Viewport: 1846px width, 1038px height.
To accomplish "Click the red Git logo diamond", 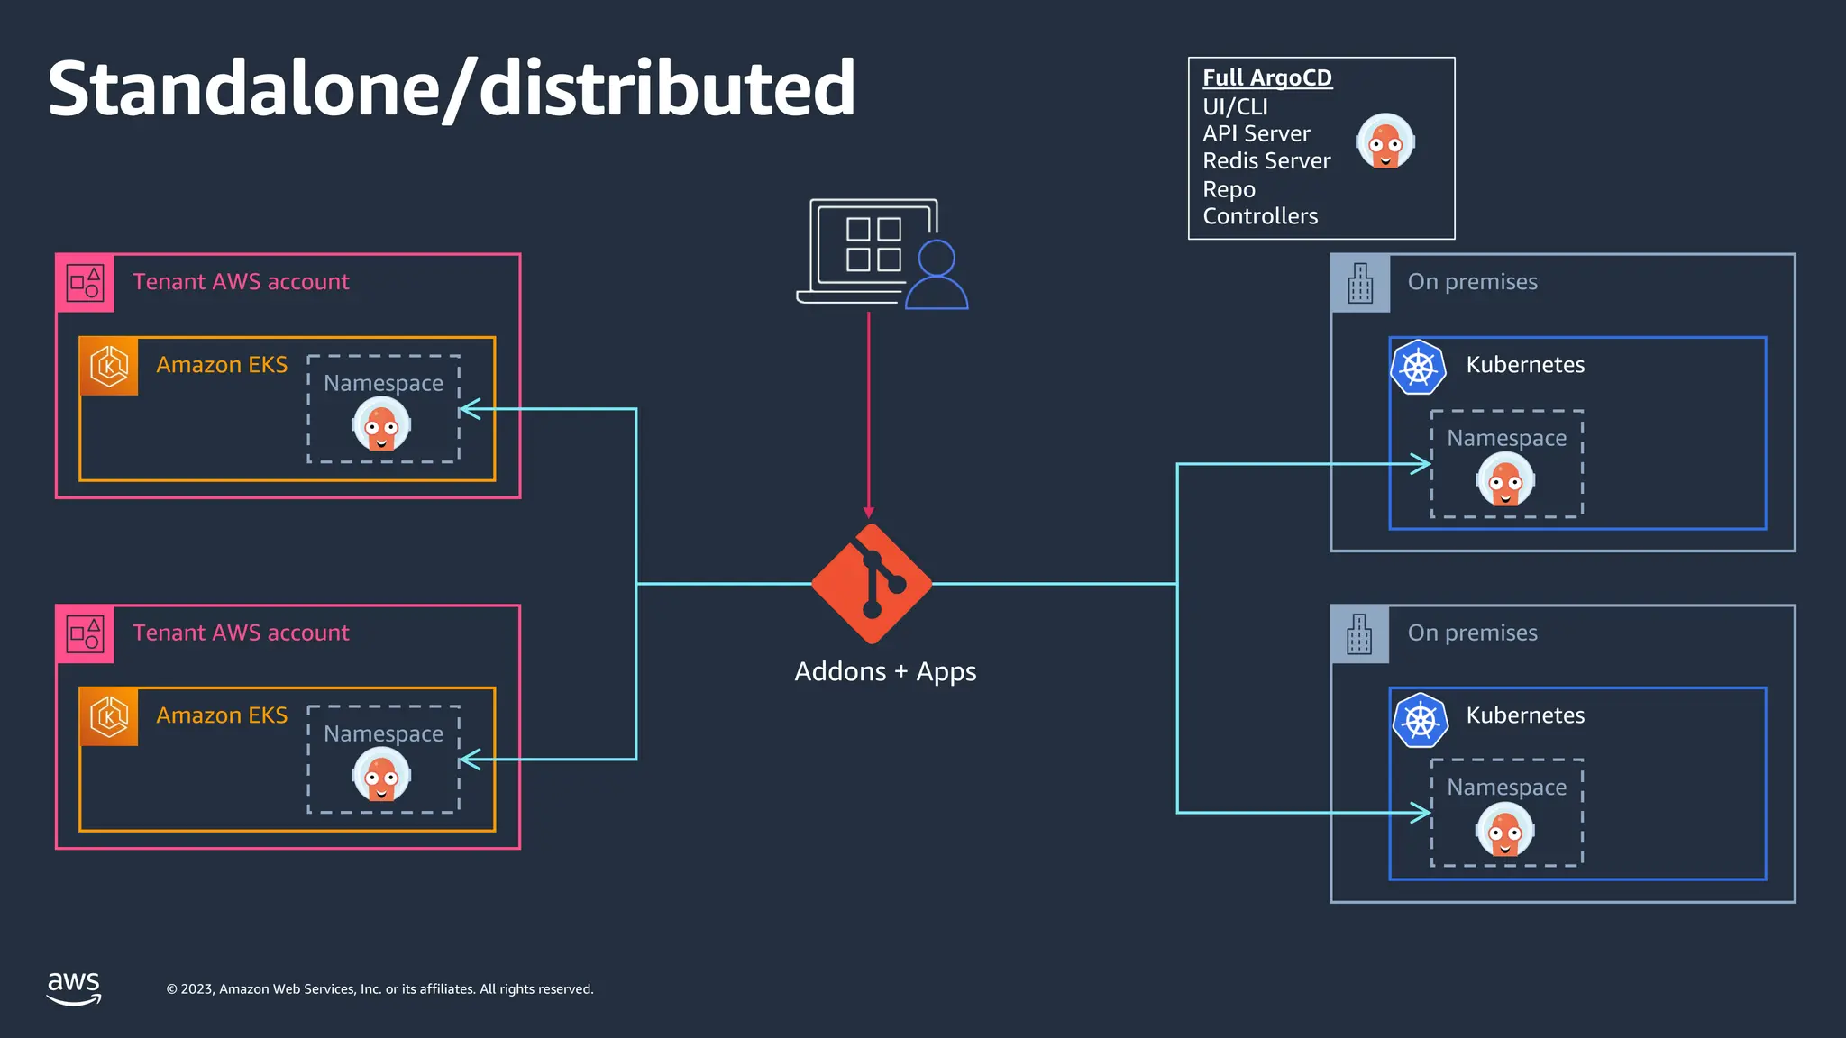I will [871, 584].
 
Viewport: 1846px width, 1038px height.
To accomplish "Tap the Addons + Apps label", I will [884, 672].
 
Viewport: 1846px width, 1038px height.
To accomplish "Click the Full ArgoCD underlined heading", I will [1266, 78].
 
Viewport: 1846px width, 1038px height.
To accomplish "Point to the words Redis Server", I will [1266, 161].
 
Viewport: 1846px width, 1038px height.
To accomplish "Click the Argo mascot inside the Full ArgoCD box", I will [1384, 141].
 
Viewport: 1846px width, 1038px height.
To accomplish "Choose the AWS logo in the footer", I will [74, 988].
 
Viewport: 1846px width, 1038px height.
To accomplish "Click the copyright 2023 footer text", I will [379, 989].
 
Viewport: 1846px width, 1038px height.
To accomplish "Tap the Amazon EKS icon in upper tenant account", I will [109, 366].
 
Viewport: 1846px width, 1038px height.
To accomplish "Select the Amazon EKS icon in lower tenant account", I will [109, 716].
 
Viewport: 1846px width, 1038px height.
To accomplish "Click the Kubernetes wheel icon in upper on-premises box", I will [1418, 367].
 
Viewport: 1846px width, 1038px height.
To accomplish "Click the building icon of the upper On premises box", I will [1359, 283].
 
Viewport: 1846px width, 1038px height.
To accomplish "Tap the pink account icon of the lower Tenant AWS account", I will [85, 633].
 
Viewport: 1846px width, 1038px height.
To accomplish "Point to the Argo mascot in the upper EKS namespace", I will [381, 423].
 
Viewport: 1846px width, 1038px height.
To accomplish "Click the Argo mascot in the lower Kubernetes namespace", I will [1504, 831].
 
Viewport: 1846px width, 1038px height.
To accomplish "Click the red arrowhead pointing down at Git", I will [869, 511].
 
